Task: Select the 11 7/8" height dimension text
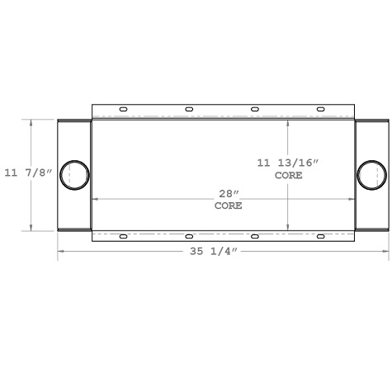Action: click(28, 173)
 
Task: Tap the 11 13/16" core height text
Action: click(287, 163)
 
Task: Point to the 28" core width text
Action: click(228, 193)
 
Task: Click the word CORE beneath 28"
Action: click(228, 205)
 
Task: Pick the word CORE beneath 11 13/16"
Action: click(288, 176)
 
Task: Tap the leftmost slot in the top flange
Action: click(123, 109)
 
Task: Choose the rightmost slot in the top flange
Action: click(321, 109)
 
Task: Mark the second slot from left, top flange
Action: click(189, 109)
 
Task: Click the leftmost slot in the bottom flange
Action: click(123, 237)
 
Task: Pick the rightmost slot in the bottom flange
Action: click(321, 237)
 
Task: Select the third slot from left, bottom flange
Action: click(255, 237)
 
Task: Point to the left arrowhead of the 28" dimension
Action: click(95, 199)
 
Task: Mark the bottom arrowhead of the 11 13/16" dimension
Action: click(288, 227)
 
